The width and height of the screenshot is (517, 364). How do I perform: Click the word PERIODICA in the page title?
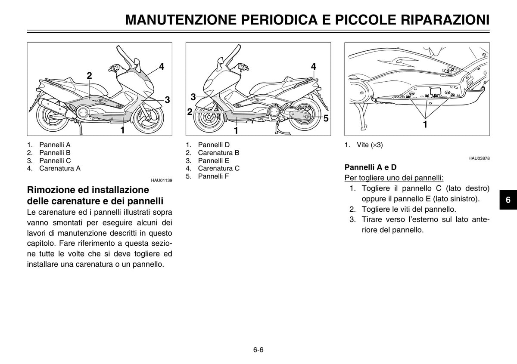pyautogui.click(x=279, y=20)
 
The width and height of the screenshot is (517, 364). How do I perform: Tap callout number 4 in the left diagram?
pyautogui.click(x=161, y=67)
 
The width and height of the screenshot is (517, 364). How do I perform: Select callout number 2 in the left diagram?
pyautogui.click(x=89, y=76)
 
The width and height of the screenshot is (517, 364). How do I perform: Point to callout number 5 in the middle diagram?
pyautogui.click(x=326, y=118)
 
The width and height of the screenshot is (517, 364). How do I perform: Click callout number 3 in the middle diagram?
pyautogui.click(x=193, y=97)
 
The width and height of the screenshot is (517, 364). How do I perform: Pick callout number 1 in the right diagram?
pyautogui.click(x=425, y=124)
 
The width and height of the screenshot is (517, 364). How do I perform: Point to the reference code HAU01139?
pyautogui.click(x=162, y=181)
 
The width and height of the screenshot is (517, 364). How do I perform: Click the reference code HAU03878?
pyautogui.click(x=479, y=159)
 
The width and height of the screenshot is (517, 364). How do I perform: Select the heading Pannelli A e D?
pyautogui.click(x=371, y=167)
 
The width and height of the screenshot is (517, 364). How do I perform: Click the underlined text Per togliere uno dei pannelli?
pyautogui.click(x=394, y=178)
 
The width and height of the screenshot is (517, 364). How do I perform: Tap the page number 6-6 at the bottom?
pyautogui.click(x=258, y=350)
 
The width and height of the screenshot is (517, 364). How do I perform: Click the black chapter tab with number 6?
pyautogui.click(x=508, y=200)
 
